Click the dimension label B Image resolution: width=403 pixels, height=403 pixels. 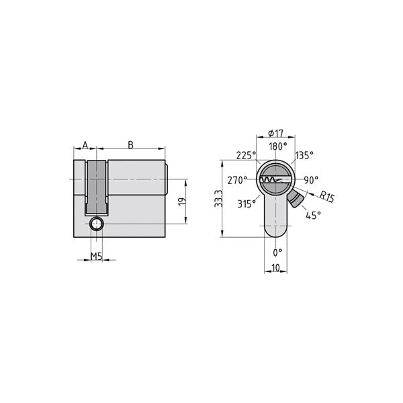point(130,144)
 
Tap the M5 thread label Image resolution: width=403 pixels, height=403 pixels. point(97,257)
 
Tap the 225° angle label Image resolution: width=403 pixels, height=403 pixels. point(246,155)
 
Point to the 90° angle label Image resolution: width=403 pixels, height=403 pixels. point(310,180)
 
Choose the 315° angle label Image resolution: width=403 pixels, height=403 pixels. point(247,204)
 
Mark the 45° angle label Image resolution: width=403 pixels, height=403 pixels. point(313,215)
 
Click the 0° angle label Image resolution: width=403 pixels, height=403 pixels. point(277,252)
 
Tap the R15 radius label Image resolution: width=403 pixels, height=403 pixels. point(327,197)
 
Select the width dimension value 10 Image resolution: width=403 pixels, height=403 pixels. point(275,269)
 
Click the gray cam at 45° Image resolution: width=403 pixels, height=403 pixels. point(296,199)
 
